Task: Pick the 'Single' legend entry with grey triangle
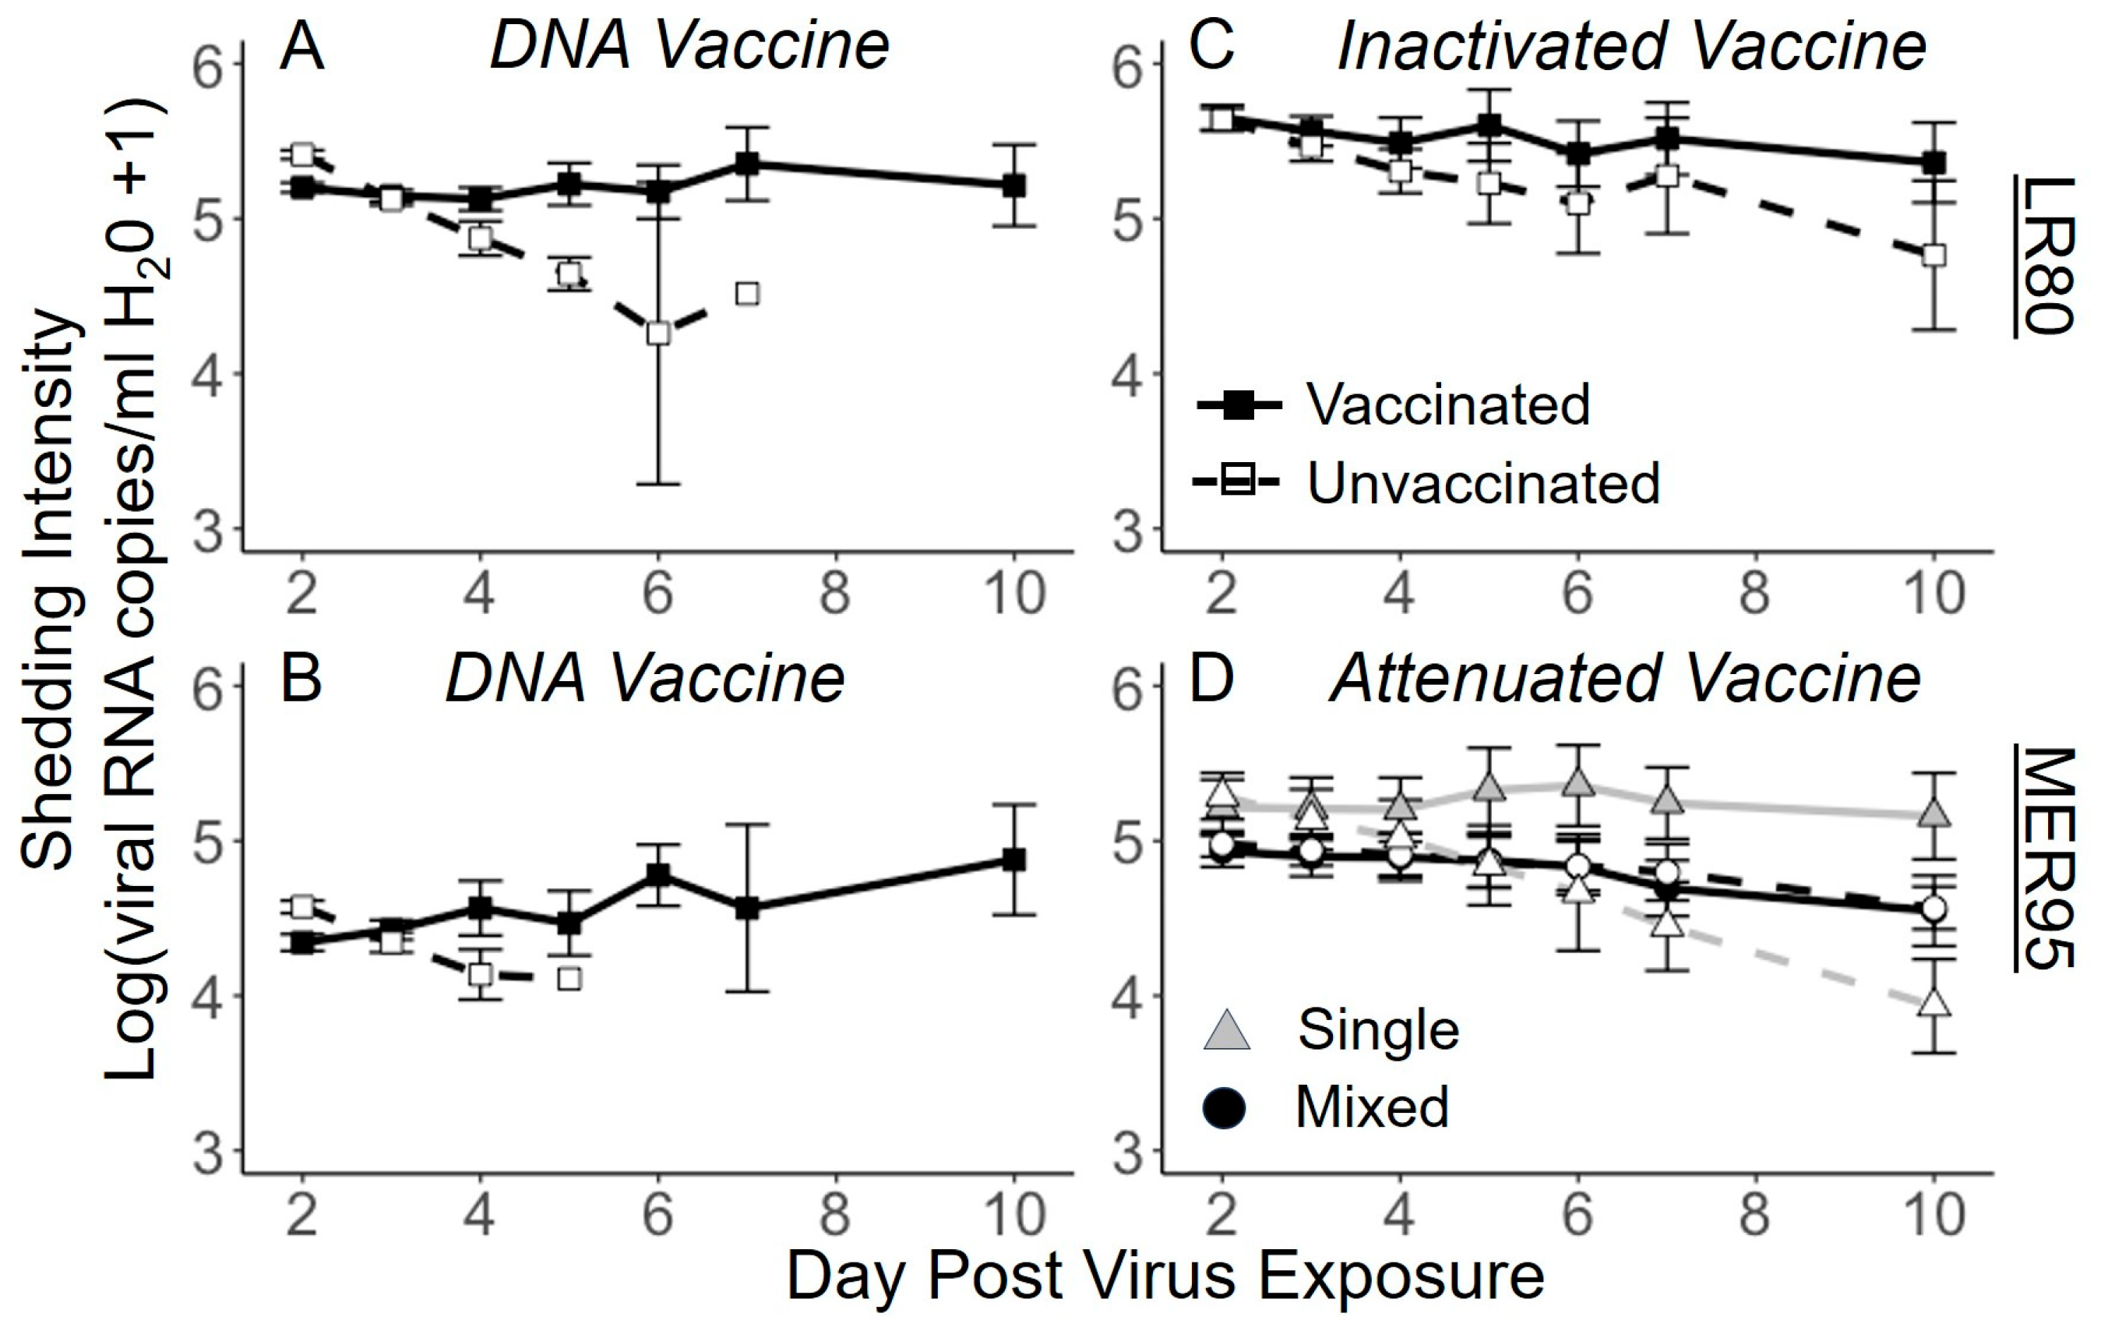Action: (1377, 1030)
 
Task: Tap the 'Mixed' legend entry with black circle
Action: (1372, 1107)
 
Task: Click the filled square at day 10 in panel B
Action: (1013, 860)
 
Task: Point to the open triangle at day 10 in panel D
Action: (1934, 1004)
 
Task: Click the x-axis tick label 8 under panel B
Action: (835, 1214)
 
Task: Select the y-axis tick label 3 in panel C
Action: (1129, 531)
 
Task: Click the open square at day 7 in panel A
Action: (747, 293)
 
